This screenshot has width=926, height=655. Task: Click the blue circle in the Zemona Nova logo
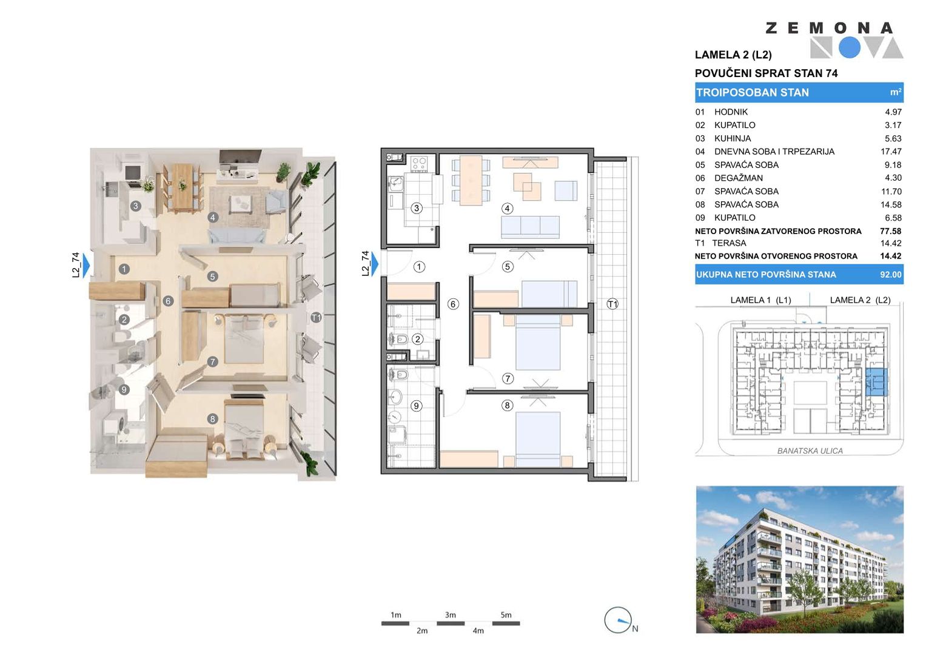(x=849, y=47)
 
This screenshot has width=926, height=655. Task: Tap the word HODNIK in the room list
(x=731, y=112)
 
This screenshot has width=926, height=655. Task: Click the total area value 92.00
(x=891, y=275)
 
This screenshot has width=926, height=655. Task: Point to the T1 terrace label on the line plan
(x=612, y=304)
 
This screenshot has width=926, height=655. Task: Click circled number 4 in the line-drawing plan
(x=507, y=209)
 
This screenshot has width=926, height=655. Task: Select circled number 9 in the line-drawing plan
(x=416, y=406)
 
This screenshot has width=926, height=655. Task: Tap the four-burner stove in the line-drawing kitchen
(x=419, y=163)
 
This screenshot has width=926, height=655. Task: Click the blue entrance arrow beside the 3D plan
(x=86, y=266)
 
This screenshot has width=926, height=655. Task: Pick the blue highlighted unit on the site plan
(x=876, y=381)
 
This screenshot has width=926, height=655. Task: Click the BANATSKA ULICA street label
(x=810, y=451)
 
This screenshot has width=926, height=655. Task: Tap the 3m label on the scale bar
(x=450, y=615)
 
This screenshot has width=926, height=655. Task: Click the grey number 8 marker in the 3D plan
(x=212, y=419)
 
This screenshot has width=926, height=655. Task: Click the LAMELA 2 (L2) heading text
(x=733, y=55)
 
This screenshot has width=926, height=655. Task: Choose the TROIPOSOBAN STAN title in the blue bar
(x=753, y=93)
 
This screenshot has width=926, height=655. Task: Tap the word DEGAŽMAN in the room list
(x=739, y=178)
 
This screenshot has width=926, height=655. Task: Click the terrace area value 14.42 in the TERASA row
(x=891, y=244)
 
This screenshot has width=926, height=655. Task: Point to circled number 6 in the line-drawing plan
(x=453, y=304)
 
